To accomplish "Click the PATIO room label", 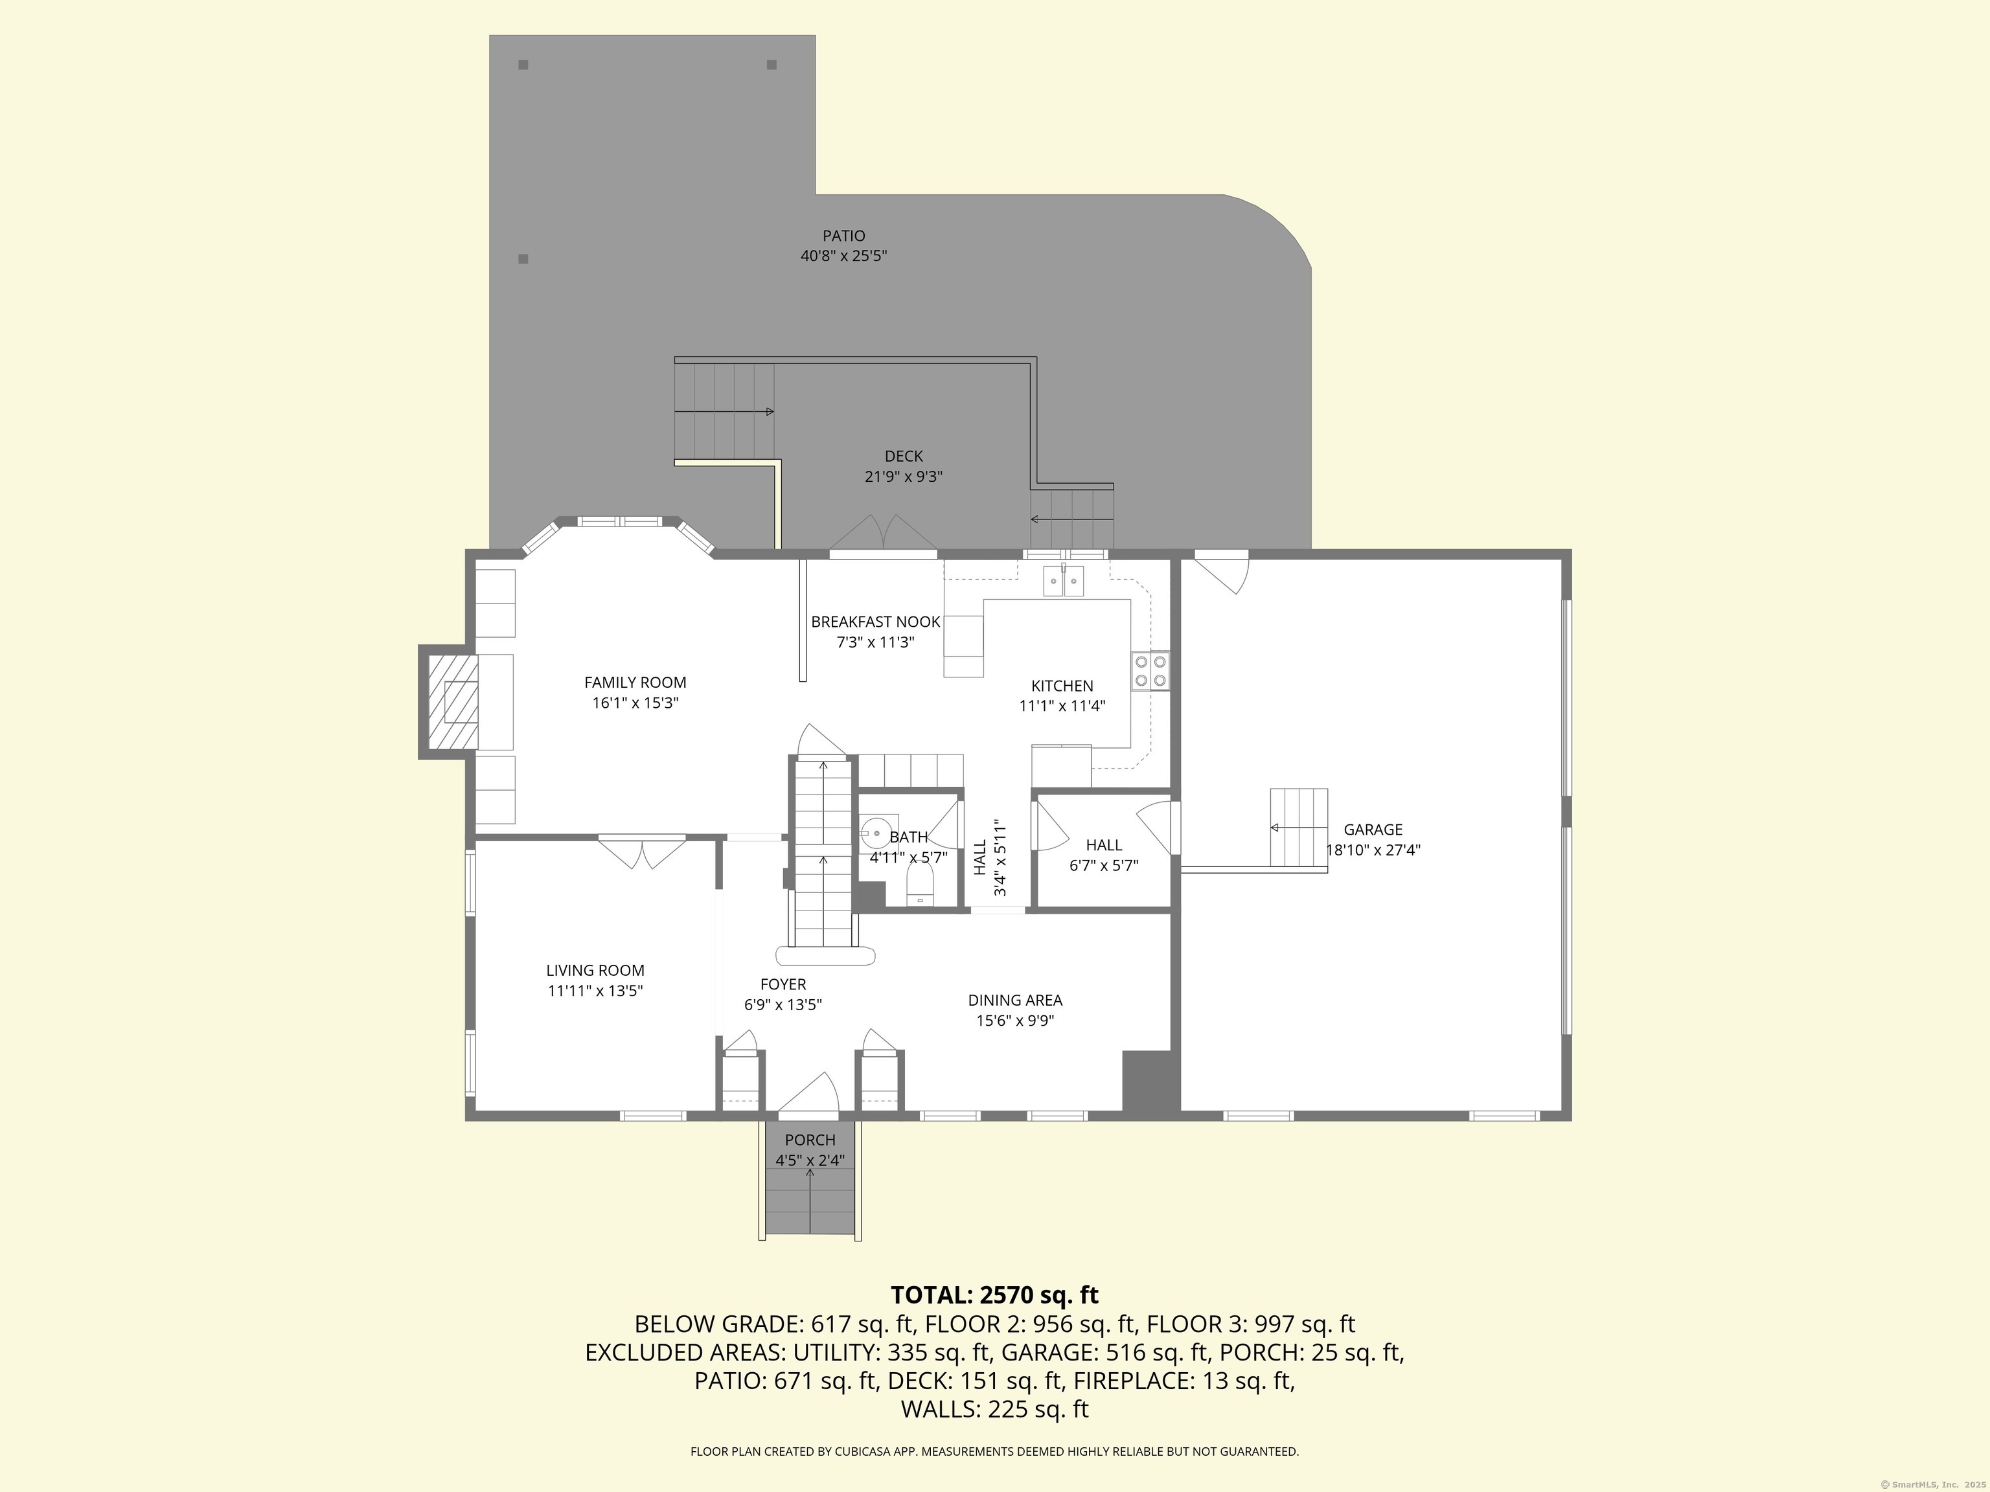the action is (844, 236).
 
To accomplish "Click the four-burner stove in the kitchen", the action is (1150, 671).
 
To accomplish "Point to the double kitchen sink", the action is (1064, 581).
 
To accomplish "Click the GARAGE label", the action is (1373, 829).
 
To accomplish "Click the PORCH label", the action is (810, 1140).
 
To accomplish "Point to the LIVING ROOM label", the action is (595, 971).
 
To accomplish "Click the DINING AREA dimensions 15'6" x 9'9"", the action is (1015, 1021).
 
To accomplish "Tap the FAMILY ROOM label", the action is (635, 683).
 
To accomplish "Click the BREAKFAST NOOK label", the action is (875, 622).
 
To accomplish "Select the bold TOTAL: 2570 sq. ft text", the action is (995, 1295).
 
